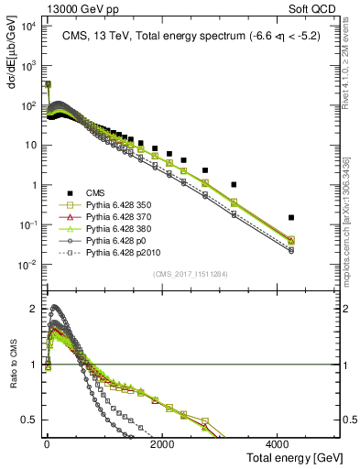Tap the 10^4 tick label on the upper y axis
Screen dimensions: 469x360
pyautogui.click(x=27, y=27)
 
